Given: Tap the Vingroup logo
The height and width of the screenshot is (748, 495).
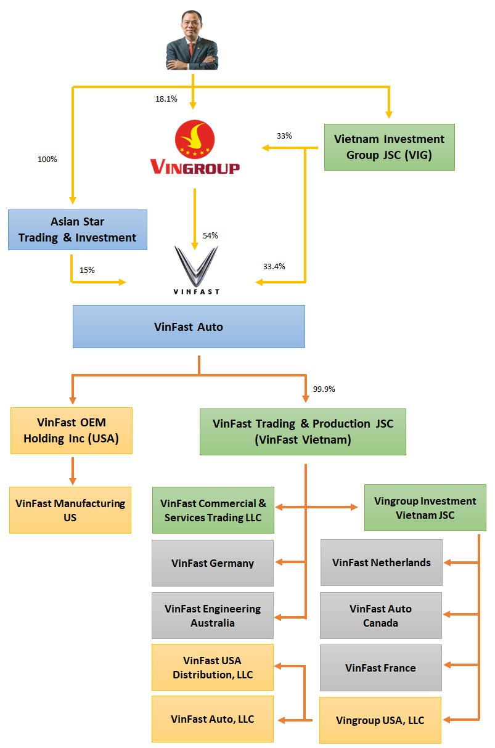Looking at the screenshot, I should click(195, 148).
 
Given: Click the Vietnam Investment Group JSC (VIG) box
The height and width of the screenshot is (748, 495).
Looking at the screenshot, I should click(389, 147).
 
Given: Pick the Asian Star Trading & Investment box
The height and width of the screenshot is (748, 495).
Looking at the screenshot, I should click(78, 230).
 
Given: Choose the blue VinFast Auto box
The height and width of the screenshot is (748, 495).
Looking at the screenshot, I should click(189, 327).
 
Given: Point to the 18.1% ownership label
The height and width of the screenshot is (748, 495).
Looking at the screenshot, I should click(166, 99).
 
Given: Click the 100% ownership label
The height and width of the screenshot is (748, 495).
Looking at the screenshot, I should click(47, 160).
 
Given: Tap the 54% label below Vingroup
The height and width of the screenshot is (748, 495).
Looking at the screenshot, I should click(210, 236).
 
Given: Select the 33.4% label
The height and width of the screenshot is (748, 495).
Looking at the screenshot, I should click(274, 267).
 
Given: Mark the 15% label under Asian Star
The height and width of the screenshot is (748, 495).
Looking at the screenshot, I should click(87, 270).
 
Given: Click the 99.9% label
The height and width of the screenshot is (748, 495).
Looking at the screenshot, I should click(324, 389).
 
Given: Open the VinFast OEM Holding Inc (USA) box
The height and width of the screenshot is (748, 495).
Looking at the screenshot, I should click(72, 431).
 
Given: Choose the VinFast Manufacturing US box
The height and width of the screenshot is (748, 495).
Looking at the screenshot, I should click(70, 510).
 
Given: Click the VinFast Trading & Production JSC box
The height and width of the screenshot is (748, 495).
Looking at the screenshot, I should click(303, 432).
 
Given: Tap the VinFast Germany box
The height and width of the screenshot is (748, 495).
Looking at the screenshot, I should click(213, 563).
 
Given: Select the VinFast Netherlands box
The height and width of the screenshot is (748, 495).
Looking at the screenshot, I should click(382, 563).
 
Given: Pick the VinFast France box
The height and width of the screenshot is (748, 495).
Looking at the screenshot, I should click(381, 668).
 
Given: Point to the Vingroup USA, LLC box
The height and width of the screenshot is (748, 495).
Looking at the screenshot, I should click(380, 720).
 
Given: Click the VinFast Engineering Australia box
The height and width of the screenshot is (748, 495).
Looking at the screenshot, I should click(213, 616).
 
